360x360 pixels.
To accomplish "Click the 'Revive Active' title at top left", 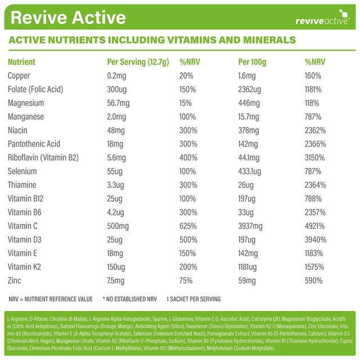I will pyautogui.click(x=68, y=18).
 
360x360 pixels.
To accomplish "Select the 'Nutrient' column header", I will pyautogui.click(x=21, y=62).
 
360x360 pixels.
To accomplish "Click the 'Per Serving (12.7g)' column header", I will pyautogui.click(x=138, y=62).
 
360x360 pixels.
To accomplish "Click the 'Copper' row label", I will pyautogui.click(x=19, y=75).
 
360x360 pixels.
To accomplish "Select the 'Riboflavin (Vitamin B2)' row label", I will pyautogui.click(x=43, y=157).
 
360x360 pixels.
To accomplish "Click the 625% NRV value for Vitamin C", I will pyautogui.click(x=188, y=226).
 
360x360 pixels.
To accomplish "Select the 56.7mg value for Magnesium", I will pyautogui.click(x=119, y=103).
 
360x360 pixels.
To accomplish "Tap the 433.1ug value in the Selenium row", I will pyautogui.click(x=251, y=171).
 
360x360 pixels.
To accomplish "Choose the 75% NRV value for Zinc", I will pyautogui.click(x=187, y=280).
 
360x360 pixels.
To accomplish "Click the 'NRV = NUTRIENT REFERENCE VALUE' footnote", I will pyautogui.click(x=51, y=299).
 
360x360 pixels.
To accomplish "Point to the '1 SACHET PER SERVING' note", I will pyautogui.click(x=193, y=299).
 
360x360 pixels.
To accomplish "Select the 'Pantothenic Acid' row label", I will pyautogui.click(x=34, y=144).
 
